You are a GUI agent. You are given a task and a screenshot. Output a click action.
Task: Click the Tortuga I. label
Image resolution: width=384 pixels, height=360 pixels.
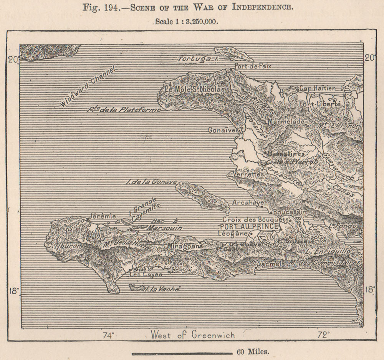[198, 59]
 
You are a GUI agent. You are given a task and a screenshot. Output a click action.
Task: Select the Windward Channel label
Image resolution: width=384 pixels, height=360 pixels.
[88, 87]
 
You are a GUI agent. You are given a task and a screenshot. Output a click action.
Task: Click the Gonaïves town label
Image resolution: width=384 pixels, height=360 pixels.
[222, 130]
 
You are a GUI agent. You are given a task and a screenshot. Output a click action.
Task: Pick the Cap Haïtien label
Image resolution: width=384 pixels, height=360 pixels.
[317, 88]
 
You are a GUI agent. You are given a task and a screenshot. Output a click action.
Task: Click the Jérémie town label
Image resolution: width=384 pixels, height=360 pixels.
[102, 216]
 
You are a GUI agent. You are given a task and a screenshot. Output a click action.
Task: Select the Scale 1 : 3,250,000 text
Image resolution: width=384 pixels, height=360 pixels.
[187, 22]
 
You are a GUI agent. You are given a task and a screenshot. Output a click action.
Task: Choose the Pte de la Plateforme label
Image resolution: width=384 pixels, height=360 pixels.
[124, 109]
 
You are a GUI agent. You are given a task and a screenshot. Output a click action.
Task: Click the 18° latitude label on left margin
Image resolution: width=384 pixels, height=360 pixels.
[13, 290]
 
